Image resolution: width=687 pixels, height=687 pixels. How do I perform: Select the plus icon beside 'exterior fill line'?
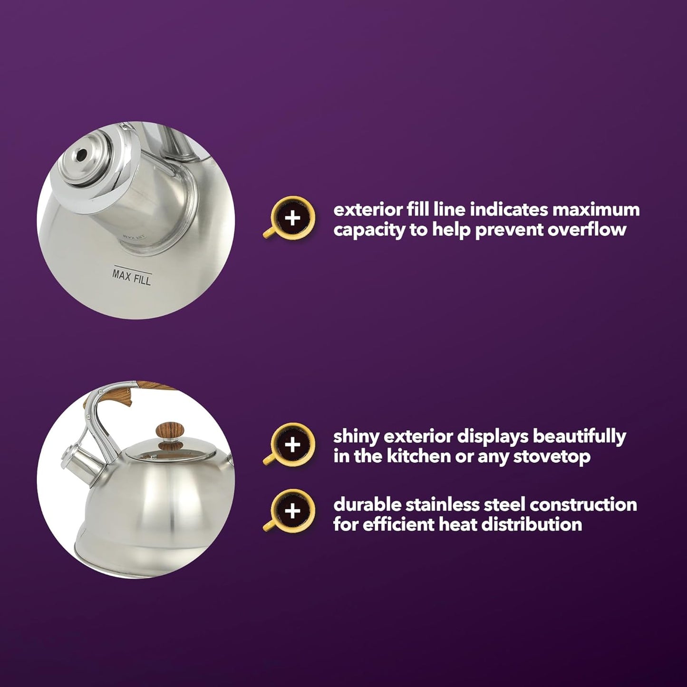[293, 218]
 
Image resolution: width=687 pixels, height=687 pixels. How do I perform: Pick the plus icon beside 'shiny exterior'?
[293, 445]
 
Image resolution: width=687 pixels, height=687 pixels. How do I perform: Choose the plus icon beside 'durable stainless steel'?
[293, 512]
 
